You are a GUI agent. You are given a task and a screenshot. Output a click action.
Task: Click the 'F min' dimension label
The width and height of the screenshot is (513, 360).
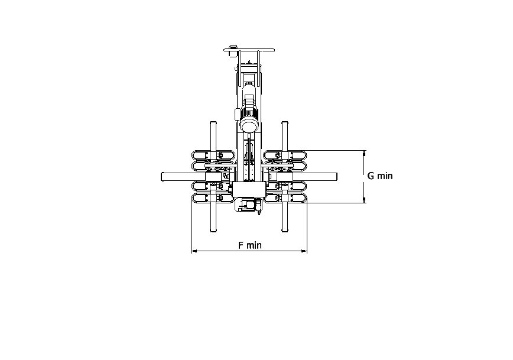pos(249,245)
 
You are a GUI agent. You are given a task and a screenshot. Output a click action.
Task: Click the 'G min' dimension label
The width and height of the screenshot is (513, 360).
pos(380,176)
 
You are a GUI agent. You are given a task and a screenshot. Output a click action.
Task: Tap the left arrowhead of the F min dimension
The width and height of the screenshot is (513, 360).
pos(194,251)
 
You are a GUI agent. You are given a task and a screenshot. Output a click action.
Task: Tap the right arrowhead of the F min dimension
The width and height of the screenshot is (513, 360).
pos(304,251)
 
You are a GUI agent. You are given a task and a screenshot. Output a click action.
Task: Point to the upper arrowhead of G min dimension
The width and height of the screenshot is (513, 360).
pos(364,153)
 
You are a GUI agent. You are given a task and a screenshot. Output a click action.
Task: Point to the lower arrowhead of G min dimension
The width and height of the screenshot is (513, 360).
pos(364,200)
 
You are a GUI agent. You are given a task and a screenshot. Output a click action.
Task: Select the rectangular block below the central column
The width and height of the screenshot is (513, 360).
pos(249,190)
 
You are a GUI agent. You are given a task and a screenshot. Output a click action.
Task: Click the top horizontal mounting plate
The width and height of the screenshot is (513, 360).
pos(249,50)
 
